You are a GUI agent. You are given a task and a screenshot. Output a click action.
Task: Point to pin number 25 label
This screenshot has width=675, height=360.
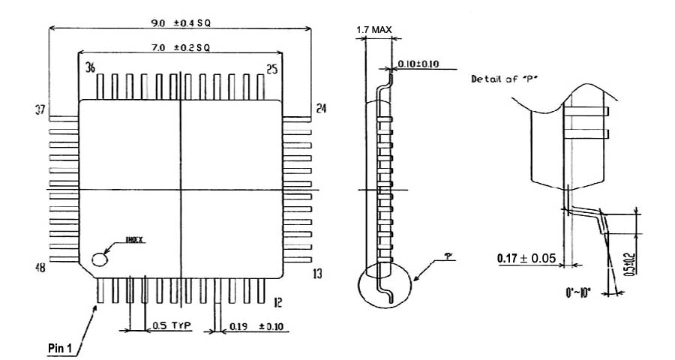click(271, 69)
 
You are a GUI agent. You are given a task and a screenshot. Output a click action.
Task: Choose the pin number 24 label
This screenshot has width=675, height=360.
click(321, 108)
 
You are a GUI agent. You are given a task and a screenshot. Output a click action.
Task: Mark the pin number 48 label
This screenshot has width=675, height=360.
click(40, 268)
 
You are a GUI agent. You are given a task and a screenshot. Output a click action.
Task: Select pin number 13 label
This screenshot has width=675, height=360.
click(318, 274)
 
